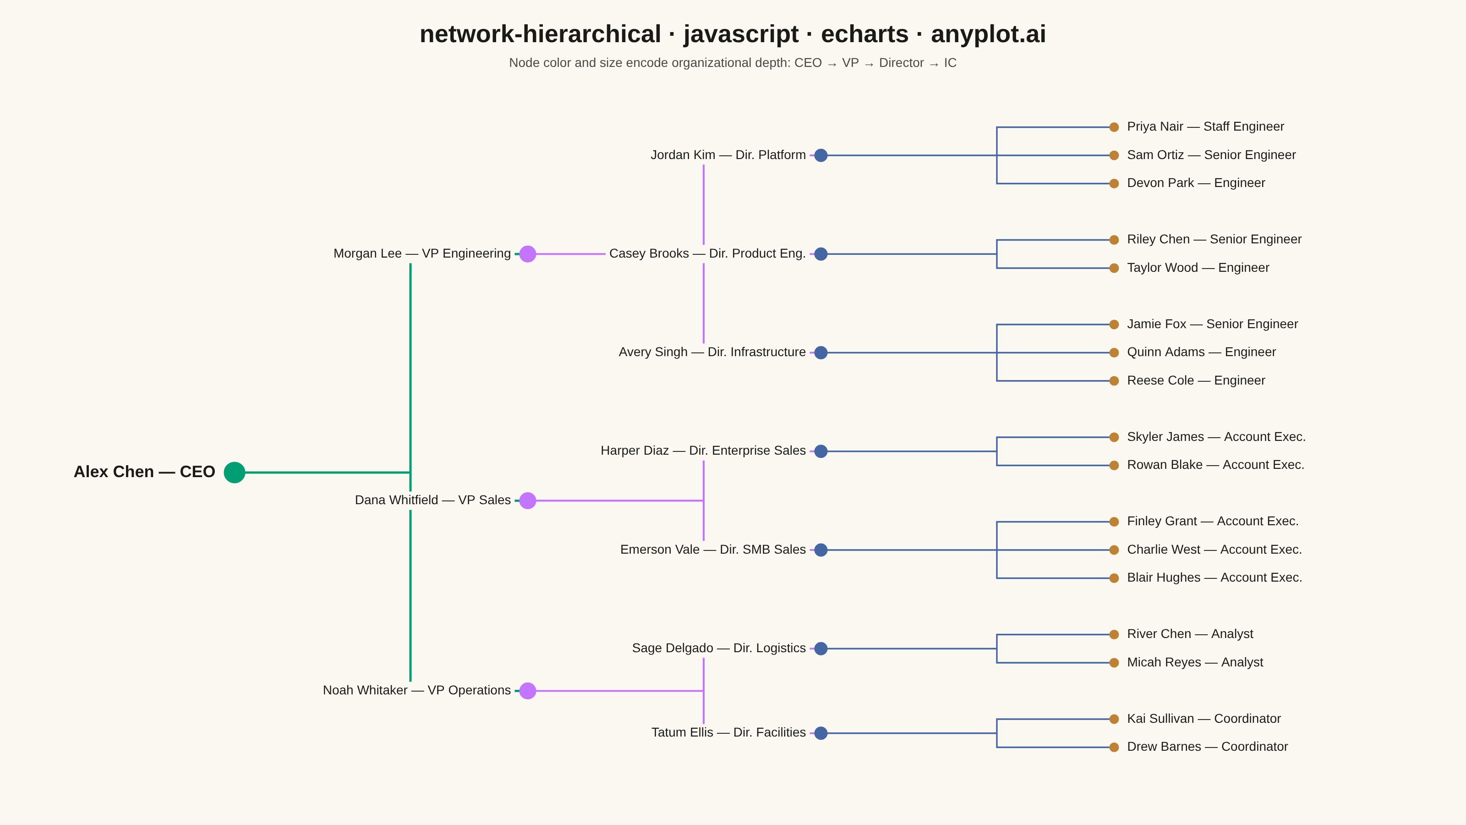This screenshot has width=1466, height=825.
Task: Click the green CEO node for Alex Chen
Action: [235, 472]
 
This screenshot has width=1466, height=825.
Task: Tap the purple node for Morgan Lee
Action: [528, 254]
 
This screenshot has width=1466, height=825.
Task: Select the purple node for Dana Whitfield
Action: [528, 500]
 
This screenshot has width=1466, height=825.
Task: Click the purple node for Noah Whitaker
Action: [528, 691]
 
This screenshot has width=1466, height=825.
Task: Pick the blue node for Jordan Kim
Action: [821, 155]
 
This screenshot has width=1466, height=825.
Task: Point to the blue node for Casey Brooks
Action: [821, 254]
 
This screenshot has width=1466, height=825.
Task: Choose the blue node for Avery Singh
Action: [821, 352]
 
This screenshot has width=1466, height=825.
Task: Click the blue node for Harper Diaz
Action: [821, 451]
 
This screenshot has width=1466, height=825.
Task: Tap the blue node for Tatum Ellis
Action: [821, 733]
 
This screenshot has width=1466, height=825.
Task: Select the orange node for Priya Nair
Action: [1114, 127]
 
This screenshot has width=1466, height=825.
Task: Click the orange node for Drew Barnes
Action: [1114, 747]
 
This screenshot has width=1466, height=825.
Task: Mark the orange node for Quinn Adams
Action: [1114, 352]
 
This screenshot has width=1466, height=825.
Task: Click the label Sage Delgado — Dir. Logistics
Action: [719, 648]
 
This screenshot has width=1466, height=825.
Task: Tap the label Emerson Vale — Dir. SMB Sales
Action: [713, 550]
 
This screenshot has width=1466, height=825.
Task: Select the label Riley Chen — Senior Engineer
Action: [1214, 239]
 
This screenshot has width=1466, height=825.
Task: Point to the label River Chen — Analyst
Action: [1190, 634]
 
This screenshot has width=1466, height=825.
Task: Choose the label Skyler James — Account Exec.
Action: [1216, 437]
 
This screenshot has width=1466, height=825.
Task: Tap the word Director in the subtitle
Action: [902, 63]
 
